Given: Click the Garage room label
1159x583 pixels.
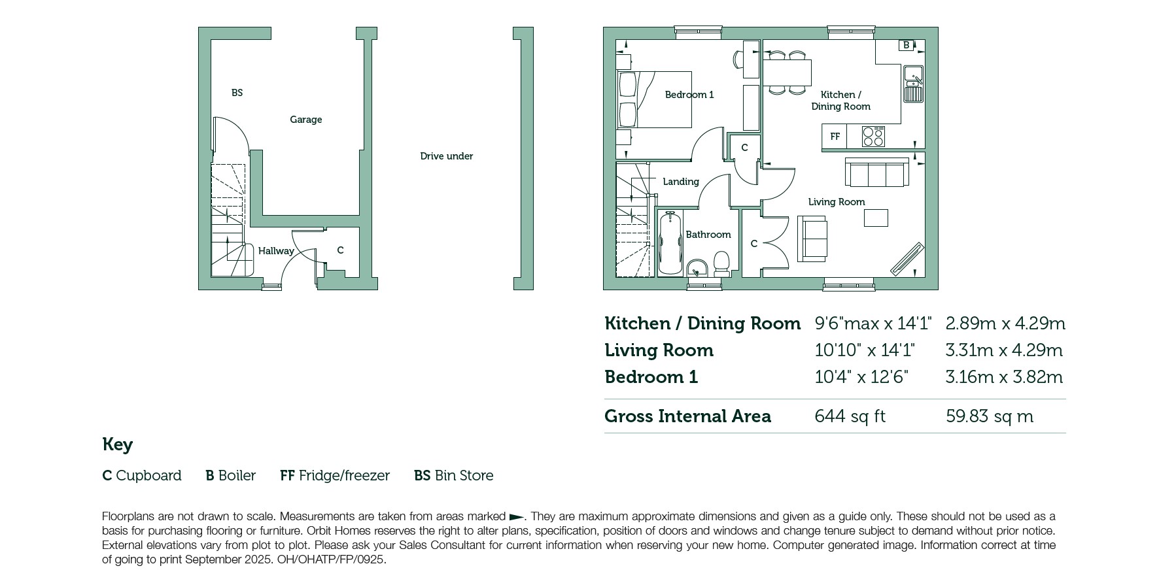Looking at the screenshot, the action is click(306, 120).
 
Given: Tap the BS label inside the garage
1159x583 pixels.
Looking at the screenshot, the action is click(237, 93).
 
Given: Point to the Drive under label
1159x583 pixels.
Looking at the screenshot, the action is click(447, 156).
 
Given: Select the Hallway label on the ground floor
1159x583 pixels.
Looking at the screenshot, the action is click(276, 251).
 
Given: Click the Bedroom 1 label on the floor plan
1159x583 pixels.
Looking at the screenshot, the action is click(689, 95).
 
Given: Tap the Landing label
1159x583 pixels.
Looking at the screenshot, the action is click(681, 182).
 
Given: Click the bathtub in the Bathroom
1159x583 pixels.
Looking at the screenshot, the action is click(670, 243).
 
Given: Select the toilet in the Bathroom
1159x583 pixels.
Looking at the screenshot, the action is click(722, 264).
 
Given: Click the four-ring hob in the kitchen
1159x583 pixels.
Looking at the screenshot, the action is click(873, 137).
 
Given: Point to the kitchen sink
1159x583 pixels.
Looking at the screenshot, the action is click(913, 84).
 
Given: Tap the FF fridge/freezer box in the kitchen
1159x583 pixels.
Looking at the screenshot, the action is click(835, 137).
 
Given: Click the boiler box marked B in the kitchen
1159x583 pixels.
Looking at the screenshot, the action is click(906, 45).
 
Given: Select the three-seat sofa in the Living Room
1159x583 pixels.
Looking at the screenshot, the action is click(876, 173).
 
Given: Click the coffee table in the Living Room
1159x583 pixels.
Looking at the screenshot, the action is click(876, 218).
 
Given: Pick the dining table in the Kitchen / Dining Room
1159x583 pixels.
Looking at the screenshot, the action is click(787, 73).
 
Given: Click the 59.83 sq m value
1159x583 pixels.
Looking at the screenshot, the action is click(990, 416).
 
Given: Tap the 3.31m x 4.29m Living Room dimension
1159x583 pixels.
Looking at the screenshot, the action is click(1004, 350).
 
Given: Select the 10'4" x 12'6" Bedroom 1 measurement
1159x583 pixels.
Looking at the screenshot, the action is click(861, 377).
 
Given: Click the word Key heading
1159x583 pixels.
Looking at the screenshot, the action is click(118, 445).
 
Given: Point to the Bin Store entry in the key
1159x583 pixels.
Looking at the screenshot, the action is click(454, 476).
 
